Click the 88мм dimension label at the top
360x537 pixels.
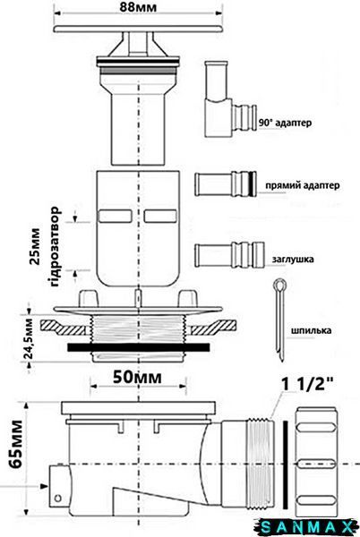click(138, 7)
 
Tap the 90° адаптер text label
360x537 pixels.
click(285, 123)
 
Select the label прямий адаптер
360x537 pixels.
click(303, 185)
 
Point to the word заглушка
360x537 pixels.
click(293, 259)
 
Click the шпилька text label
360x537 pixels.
click(311, 330)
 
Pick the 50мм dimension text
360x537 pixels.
click(137, 377)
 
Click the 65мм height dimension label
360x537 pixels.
click(16, 445)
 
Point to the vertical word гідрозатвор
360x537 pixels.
click(54, 247)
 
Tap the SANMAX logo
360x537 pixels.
click(307, 528)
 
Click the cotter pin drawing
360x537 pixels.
click(280, 320)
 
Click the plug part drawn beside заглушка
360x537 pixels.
click(229, 255)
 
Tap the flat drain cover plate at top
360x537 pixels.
click(138, 29)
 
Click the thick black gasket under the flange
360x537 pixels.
click(139, 347)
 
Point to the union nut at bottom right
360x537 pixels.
click(316, 464)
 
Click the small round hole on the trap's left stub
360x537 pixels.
click(58, 498)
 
